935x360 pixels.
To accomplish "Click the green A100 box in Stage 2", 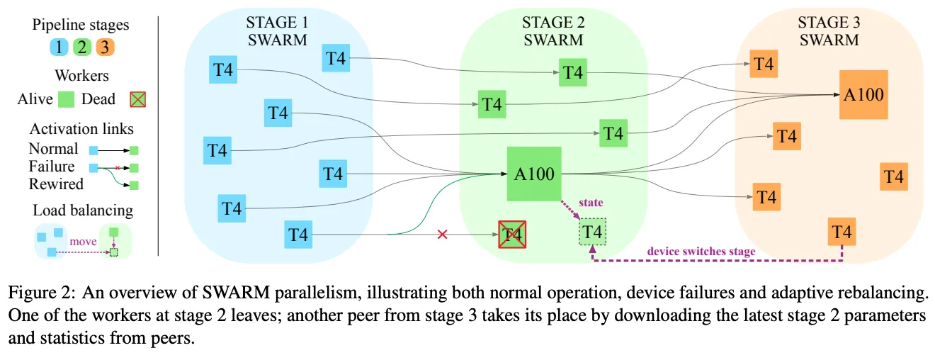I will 534,174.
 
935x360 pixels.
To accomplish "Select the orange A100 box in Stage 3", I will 863,94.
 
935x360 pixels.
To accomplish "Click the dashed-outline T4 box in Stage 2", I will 593,232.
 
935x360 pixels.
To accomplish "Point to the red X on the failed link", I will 443,234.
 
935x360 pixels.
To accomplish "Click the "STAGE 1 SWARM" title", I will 277,31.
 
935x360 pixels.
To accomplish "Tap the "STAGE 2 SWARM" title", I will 553,31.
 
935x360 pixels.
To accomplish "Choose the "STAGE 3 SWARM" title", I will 829,31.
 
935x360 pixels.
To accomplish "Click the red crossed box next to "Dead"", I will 137,100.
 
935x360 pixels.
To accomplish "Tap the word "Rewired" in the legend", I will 56,184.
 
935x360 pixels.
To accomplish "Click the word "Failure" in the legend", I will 52,167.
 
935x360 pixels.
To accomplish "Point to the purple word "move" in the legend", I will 83,242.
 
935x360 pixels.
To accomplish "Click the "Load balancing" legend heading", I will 82,210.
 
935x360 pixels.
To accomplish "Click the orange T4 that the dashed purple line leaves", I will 841,232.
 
